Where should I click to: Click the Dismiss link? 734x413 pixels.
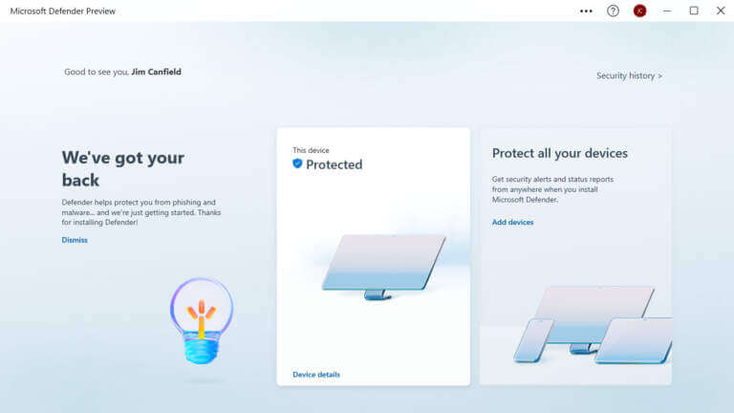pos(75,240)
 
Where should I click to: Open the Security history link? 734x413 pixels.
pos(629,76)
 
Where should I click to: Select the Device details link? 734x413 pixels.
pos(316,375)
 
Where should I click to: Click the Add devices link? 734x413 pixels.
pos(512,223)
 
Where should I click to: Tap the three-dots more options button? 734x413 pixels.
pos(586,11)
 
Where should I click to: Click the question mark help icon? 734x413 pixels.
pos(613,11)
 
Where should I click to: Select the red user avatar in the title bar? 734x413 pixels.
pos(640,11)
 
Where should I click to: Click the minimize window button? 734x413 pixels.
pos(667,11)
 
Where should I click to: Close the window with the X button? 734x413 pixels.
pos(721,11)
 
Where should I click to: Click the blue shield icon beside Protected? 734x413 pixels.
pos(297,163)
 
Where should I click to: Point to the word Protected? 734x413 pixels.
pos(334,164)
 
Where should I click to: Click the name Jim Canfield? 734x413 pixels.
pos(156,72)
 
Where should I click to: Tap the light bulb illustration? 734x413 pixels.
pos(202,321)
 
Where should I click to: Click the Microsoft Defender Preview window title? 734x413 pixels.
pos(63,11)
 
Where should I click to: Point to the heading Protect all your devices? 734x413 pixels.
pos(559,154)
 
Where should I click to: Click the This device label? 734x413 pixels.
pos(311,150)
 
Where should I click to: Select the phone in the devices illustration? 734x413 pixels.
pos(533,340)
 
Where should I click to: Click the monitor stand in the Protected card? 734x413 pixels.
pos(378,295)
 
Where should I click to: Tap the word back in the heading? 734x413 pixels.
pos(80,181)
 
